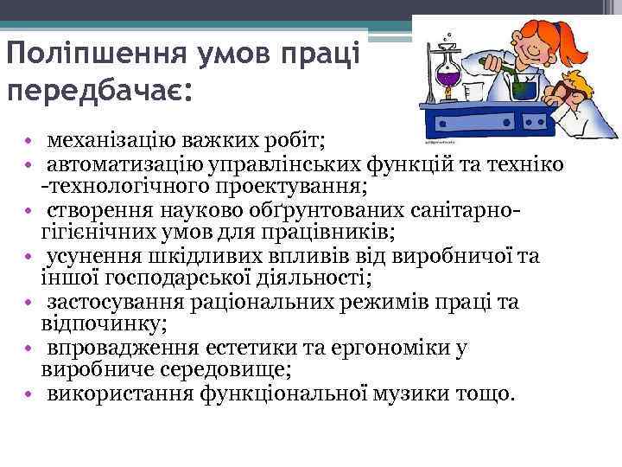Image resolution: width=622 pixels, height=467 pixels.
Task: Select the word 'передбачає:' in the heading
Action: [98, 90]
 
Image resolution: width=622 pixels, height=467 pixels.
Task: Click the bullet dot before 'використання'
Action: [29, 396]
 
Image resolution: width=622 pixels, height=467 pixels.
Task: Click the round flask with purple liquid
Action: [448, 81]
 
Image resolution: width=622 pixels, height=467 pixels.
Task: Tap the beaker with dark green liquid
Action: [521, 86]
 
